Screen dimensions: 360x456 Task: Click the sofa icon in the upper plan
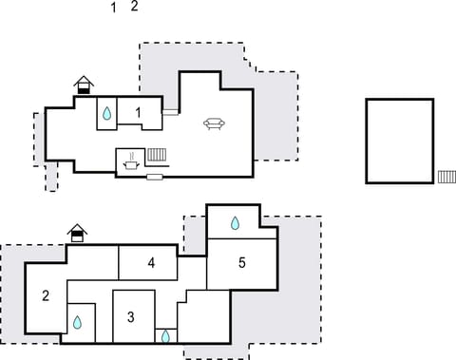tap(214, 123)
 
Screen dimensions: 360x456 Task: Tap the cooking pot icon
tap(129, 164)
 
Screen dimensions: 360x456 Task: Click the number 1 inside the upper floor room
tap(139, 113)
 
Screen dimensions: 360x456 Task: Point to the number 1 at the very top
tap(114, 9)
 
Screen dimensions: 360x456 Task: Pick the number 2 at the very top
tap(134, 6)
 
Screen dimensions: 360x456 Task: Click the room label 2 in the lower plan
tap(46, 295)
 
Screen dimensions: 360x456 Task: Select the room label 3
tap(131, 316)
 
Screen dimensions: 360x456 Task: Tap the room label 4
tap(151, 263)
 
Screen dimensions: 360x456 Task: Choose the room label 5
tap(242, 263)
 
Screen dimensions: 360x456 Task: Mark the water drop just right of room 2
tap(78, 322)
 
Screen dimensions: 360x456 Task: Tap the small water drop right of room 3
tap(165, 335)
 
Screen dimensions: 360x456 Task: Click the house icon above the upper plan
tap(85, 85)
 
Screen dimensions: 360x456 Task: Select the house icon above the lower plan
tap(77, 232)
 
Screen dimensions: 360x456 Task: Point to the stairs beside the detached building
tap(446, 176)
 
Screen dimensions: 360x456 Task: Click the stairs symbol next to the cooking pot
tap(158, 154)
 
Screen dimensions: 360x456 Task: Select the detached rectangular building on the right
tap(399, 141)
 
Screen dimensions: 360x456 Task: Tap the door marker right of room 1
tap(170, 111)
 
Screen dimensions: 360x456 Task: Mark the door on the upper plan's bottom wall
tap(154, 177)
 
